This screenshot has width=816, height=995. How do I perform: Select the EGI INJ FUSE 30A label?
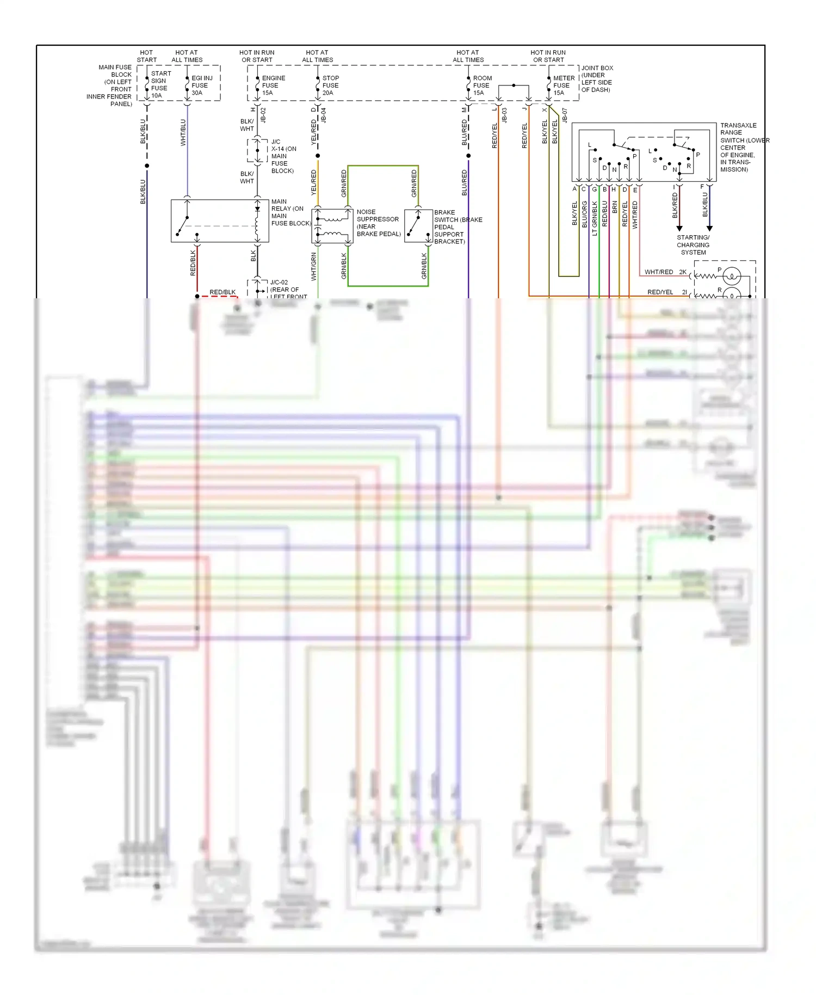[201, 85]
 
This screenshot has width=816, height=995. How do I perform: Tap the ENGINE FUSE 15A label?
[273, 85]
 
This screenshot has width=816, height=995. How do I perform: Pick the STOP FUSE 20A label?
[330, 85]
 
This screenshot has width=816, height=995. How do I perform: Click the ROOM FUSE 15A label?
[482, 85]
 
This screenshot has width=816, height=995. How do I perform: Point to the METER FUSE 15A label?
[564, 85]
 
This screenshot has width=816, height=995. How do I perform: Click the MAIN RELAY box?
[220, 221]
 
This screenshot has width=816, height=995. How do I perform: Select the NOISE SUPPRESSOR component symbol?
[332, 226]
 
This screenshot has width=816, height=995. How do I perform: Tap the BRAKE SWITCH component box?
[418, 226]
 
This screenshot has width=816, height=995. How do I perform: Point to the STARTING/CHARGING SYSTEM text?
[693, 245]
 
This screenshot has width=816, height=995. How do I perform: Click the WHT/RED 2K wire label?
[665, 272]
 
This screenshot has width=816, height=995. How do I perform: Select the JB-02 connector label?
[263, 115]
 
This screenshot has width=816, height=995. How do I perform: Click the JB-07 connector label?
[565, 115]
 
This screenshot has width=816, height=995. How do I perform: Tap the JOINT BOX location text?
[597, 79]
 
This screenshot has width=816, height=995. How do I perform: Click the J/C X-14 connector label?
[283, 156]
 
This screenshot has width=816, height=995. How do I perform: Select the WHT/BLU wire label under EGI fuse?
[183, 133]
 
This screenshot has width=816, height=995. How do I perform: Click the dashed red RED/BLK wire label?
[222, 292]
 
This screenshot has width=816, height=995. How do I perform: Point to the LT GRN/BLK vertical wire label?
[595, 218]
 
